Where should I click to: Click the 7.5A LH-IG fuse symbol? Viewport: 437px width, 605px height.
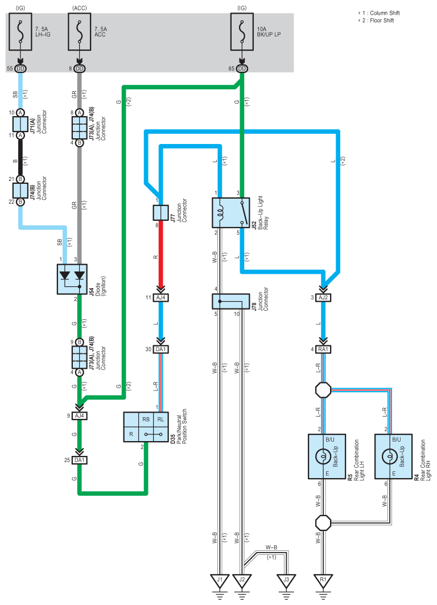point(20,32)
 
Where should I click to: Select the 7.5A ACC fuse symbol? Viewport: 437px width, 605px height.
point(80,32)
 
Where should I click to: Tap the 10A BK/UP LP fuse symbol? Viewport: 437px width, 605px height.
point(242,32)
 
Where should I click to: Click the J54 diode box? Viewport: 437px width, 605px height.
point(72,279)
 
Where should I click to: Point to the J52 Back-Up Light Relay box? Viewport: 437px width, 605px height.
point(230,213)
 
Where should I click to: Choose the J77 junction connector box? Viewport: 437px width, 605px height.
point(160,213)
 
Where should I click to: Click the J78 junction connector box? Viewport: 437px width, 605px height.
point(230,301)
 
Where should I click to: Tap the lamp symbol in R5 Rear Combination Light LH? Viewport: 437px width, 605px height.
point(323,457)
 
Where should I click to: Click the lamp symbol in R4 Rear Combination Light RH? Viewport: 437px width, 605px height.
point(389,457)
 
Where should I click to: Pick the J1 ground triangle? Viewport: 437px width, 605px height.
point(220,581)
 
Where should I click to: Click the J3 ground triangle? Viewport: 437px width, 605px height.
point(286,581)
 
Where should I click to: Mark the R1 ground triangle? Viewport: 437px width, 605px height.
point(323,581)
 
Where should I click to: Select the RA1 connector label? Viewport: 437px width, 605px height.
point(323,349)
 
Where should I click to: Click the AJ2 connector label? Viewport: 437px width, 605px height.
point(323,298)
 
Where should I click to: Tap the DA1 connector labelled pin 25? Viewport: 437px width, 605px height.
point(80,460)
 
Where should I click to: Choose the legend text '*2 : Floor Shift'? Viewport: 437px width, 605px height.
point(376,20)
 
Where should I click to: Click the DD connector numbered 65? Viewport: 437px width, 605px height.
point(242,69)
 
